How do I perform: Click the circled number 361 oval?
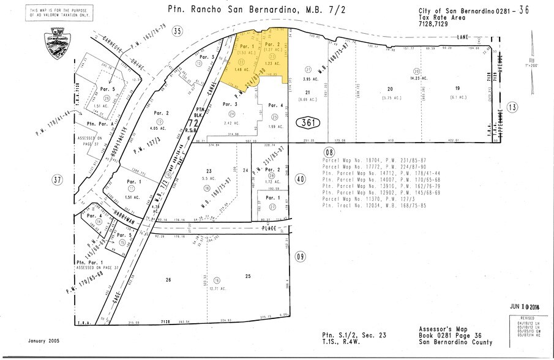pos(310,122)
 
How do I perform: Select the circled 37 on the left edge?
pos(58,180)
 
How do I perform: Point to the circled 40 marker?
pos(300,179)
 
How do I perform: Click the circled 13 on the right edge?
pos(512,108)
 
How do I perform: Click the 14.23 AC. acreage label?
pos(417,78)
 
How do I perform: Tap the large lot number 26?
pos(168,280)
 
